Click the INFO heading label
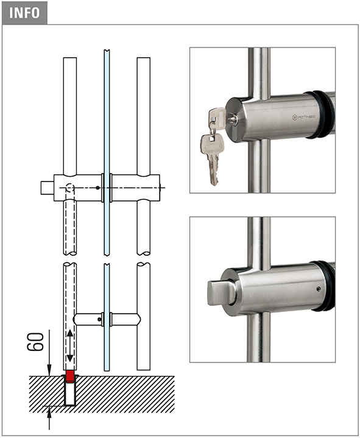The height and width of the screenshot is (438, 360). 24,13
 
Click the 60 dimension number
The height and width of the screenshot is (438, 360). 35,341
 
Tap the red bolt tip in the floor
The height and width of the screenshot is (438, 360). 70,376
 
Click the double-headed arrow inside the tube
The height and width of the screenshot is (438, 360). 70,346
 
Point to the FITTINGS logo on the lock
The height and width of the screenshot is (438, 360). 303,117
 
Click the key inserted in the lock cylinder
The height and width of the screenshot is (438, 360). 217,118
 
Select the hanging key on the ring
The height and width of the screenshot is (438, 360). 211,159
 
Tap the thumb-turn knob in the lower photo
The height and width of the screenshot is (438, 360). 219,293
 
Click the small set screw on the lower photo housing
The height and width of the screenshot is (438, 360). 319,289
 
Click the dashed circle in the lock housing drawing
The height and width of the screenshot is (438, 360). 70,188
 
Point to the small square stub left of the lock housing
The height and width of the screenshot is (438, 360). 47,188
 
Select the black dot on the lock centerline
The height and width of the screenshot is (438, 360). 97,188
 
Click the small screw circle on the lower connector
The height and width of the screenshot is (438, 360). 99,319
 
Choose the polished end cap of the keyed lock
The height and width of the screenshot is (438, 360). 234,119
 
